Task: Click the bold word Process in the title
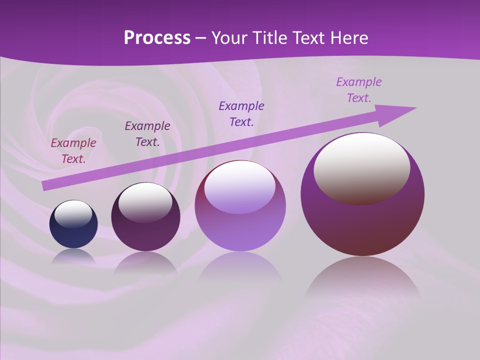(x=157, y=38)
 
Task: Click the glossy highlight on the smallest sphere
(x=73, y=214)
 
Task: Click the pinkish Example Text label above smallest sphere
(x=73, y=151)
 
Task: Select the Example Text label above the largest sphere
(x=359, y=90)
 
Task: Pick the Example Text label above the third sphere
(x=241, y=113)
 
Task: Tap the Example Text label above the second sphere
(x=147, y=134)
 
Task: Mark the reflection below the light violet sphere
(x=240, y=270)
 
